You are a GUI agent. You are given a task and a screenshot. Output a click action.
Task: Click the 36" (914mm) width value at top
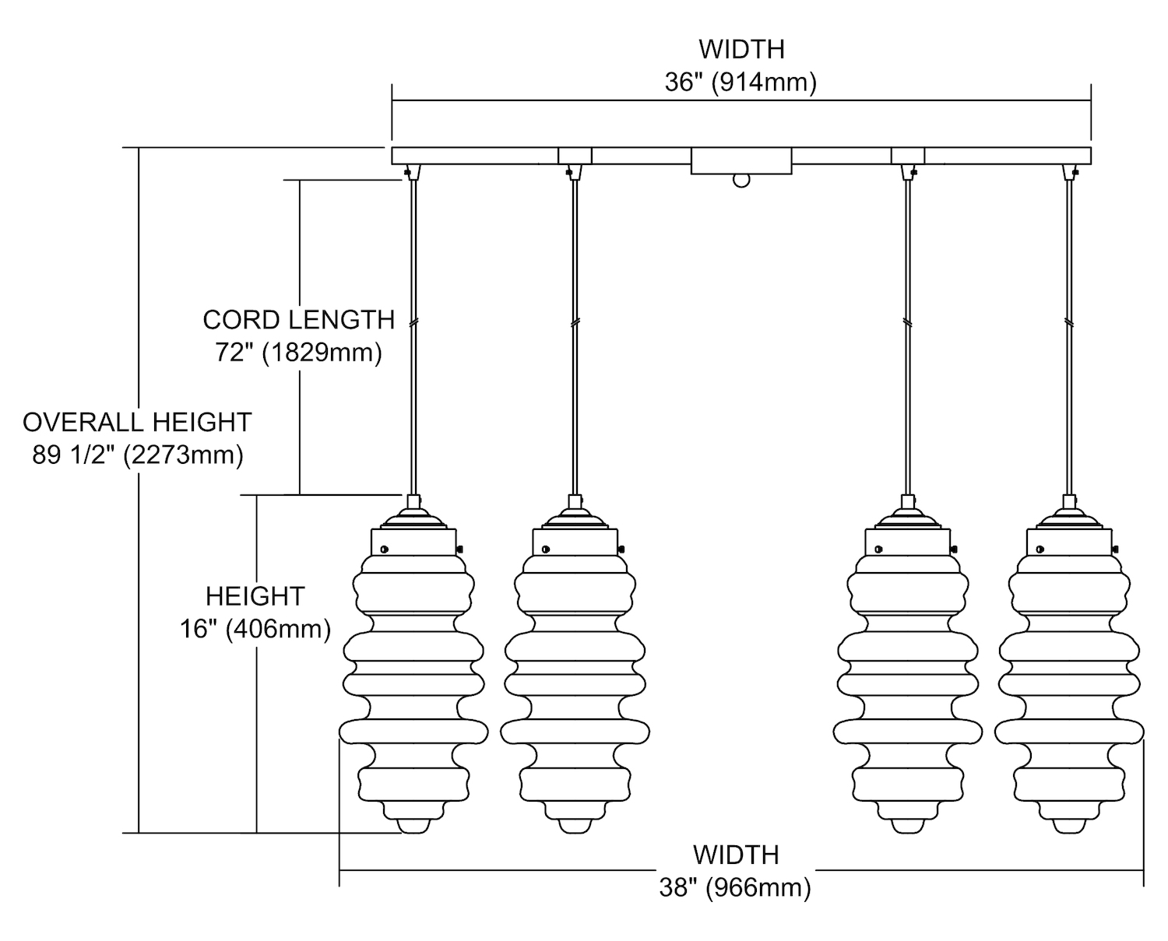coord(741,82)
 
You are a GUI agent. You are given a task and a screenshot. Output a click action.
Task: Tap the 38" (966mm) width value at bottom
coord(735,887)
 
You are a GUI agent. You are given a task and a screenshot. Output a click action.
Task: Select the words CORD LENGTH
coord(299,320)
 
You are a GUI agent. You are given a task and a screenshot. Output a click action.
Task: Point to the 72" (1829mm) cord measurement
coord(299,353)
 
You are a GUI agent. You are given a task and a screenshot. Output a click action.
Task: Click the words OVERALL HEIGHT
coord(137,422)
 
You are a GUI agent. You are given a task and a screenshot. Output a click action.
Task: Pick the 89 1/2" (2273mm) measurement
coord(138,455)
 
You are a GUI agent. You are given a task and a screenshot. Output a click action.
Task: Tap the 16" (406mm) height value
coord(255,629)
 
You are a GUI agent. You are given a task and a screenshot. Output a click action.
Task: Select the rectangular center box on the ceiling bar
coord(741,161)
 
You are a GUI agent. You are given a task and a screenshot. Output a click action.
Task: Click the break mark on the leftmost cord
coord(413,321)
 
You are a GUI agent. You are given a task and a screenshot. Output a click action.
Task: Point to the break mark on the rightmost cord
coord(1069,321)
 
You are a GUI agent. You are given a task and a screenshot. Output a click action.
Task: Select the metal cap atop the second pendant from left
coord(575,518)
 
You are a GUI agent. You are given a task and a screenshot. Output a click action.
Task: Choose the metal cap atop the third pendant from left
coord(907,518)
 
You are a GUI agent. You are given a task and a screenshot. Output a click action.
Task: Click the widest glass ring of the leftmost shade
coord(413,732)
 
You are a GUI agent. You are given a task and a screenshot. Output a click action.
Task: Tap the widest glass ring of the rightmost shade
coord(1069,732)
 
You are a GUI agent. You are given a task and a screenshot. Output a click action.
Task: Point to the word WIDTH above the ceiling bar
coord(741,49)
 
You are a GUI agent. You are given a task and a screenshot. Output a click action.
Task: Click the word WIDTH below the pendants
coord(736,855)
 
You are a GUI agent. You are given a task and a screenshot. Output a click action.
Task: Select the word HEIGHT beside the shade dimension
coord(255,596)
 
